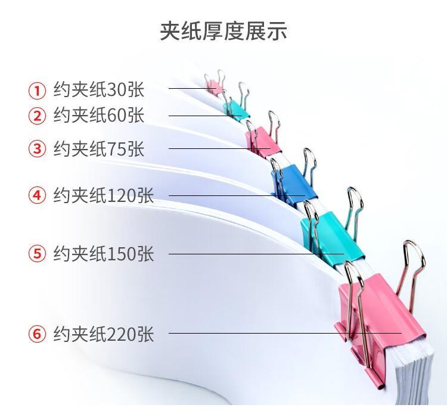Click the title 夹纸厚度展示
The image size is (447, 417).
coord(223,31)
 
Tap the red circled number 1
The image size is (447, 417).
coord(37,91)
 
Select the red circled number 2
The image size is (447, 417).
coord(37,116)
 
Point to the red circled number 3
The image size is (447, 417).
coord(37,148)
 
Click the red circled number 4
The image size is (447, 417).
coord(37,195)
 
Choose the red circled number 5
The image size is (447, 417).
coord(37,254)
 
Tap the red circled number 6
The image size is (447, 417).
coord(37,334)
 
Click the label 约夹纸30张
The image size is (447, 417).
coord(98,90)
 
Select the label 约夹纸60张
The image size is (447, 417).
coord(98,115)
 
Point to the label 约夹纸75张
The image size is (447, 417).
coord(98,148)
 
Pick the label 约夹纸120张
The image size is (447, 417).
coord(104,195)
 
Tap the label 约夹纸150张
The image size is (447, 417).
coord(104,253)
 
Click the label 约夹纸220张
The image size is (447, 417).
coord(104,334)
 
